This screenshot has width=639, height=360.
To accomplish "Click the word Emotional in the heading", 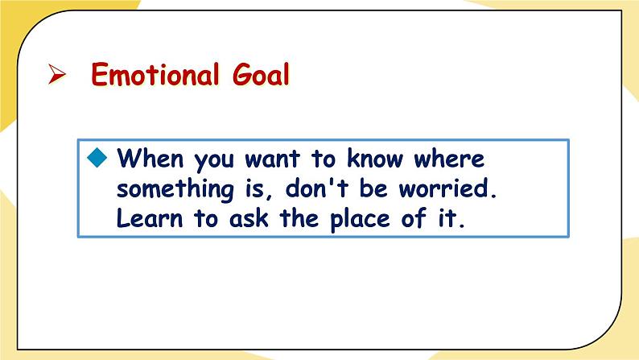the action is tap(155, 74).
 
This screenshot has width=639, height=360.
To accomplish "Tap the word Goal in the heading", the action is tap(261, 74).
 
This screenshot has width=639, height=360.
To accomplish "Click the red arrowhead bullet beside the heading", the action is tap(56, 74).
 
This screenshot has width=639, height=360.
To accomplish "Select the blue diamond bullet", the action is tap(97, 157).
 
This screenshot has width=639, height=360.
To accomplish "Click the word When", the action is tap(150, 158).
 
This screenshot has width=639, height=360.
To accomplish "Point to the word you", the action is tap(214, 160).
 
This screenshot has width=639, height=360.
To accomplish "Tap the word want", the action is tap(273, 159).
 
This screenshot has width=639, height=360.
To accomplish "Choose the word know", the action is tap(375, 158).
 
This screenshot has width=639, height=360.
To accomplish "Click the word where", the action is tap(450, 158).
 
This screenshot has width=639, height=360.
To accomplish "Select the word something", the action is tap(175, 189).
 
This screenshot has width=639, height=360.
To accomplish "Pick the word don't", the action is tap(317, 188).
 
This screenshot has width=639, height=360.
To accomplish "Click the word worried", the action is tap(448, 188).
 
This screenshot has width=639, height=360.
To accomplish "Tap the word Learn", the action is tap(150, 218).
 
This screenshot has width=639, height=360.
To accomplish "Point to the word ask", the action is tap(249, 218).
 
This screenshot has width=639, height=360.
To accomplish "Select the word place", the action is tap(360, 220).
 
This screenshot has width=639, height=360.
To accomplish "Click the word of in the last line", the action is tap(414, 218).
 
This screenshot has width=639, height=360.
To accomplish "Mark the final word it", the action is tap(451, 218).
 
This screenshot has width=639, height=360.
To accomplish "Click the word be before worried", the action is tap(373, 188).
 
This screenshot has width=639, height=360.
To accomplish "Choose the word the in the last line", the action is tap(299, 218).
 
